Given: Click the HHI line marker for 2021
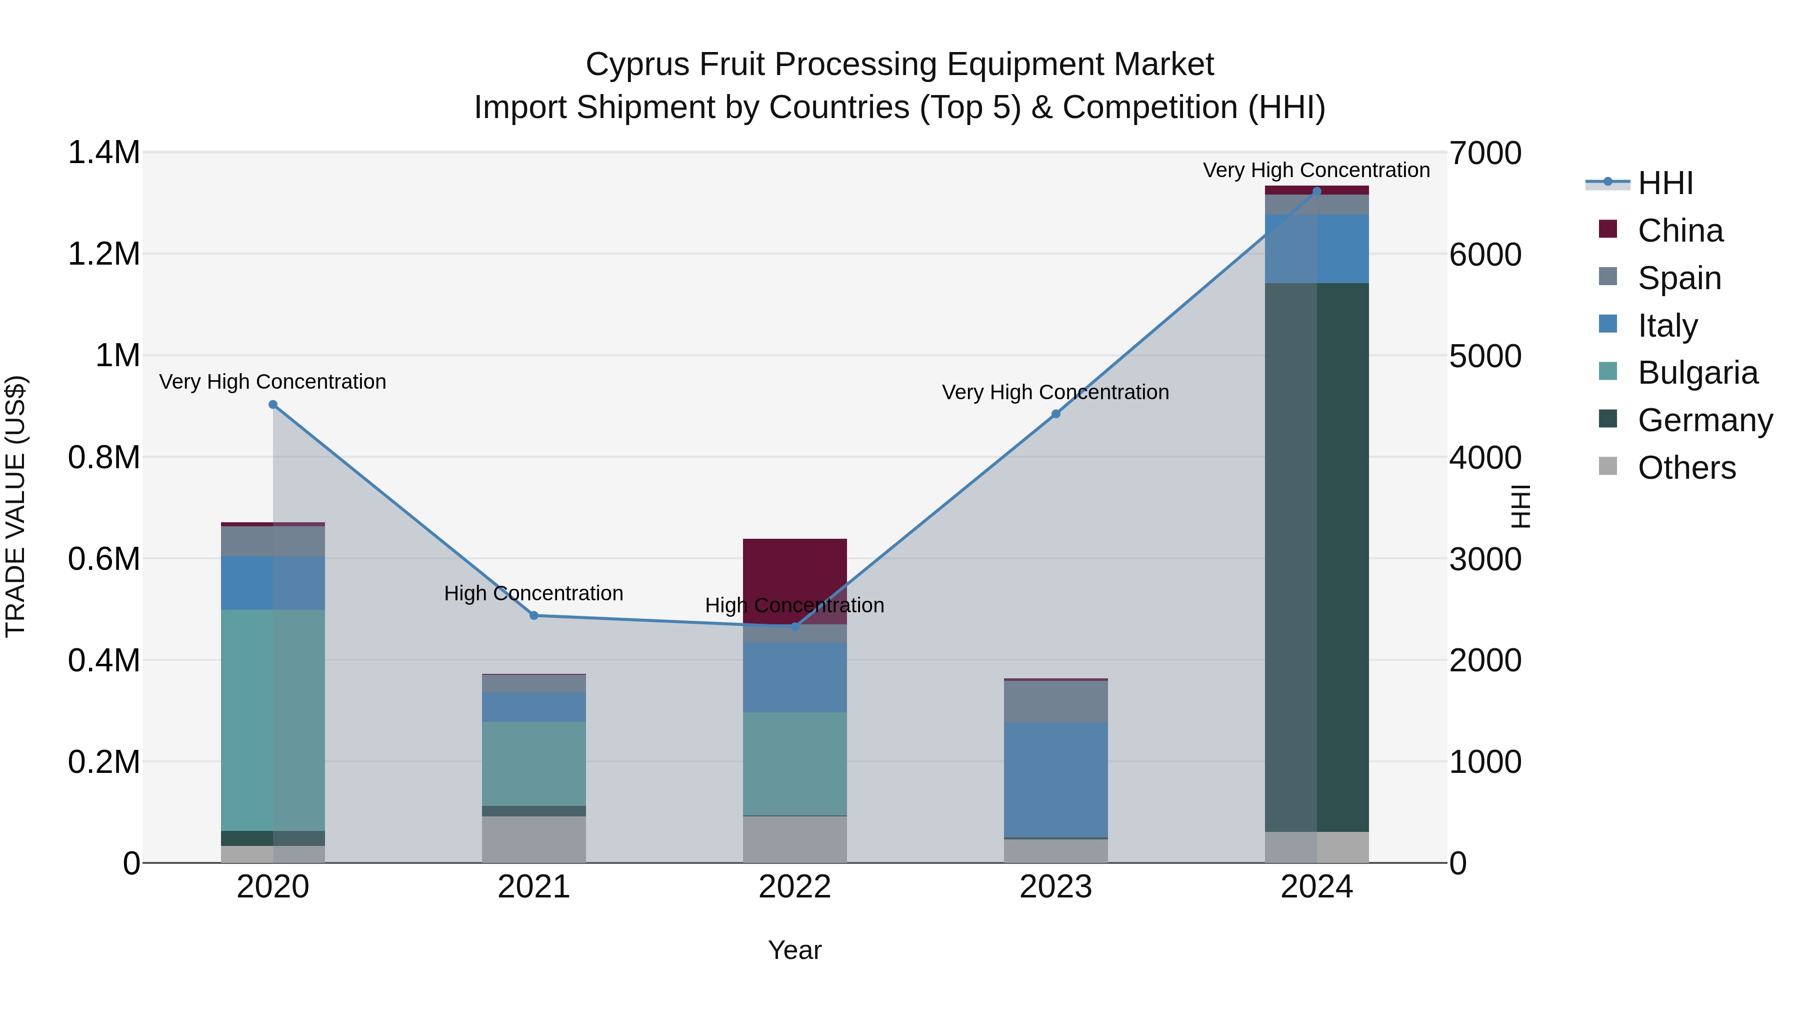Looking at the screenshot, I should [x=534, y=615].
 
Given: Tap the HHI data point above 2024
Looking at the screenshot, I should [x=1316, y=191].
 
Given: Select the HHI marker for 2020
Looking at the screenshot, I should [x=273, y=405].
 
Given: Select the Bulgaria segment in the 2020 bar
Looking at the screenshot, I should [x=273, y=720].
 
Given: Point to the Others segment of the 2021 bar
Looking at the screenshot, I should [x=534, y=839].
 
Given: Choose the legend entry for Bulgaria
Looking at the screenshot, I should [x=1697, y=373].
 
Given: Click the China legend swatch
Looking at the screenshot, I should [x=1608, y=229].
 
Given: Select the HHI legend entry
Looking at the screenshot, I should [x=1665, y=183].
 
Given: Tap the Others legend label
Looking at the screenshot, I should [x=1686, y=468].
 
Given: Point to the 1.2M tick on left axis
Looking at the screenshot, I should [x=103, y=254].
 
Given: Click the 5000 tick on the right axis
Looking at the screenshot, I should [x=1485, y=356].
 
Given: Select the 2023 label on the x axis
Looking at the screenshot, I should [x=1055, y=887].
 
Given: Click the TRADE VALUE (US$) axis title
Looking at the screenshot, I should [x=15, y=507].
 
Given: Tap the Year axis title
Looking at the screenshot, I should [x=794, y=950].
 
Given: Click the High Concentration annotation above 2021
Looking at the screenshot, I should [x=534, y=593].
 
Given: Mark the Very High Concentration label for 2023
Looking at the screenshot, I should [x=1055, y=392].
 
